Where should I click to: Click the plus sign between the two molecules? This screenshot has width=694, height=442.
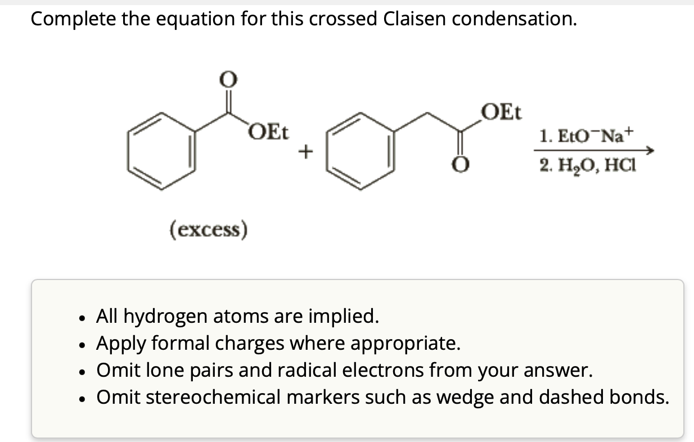tap(305, 151)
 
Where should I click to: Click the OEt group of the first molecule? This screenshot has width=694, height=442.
tap(268, 134)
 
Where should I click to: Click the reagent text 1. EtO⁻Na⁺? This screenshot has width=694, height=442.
tap(585, 136)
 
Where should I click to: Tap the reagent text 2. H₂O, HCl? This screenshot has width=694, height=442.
tap(585, 166)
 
